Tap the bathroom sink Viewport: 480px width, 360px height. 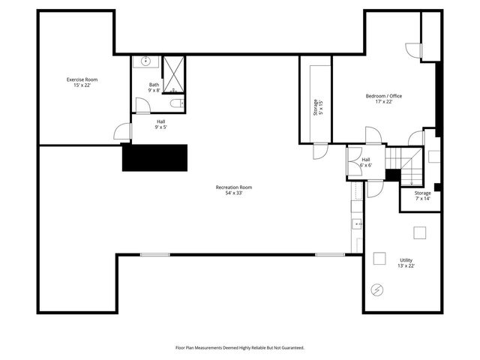pos(145,63)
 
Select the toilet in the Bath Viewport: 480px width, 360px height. pos(175,103)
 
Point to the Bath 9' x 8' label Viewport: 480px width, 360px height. pos(154,88)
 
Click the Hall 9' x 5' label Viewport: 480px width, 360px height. pos(160,124)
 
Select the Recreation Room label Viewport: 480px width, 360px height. pos(233,187)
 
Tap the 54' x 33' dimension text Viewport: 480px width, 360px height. pos(233,193)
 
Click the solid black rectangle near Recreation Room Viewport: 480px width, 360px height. pos(154,157)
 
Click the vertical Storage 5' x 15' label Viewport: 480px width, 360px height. pos(318,107)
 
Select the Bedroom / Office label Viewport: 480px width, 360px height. pos(384,96)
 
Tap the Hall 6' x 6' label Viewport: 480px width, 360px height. pos(365,163)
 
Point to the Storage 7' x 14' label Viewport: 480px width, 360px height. pos(422,196)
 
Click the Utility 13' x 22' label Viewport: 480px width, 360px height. pos(406,262)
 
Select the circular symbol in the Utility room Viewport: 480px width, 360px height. pos(377,289)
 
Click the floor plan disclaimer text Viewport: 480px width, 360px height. pos(239,348)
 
